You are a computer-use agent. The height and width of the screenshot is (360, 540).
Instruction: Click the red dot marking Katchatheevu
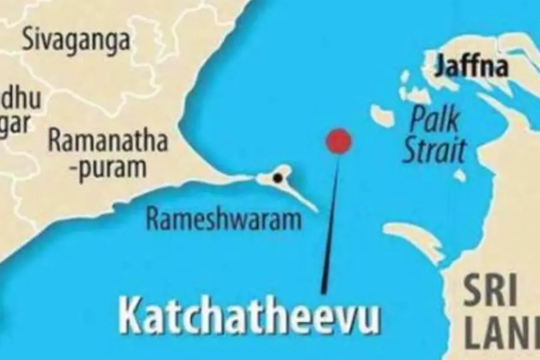(338, 141)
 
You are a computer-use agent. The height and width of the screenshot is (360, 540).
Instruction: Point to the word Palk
(434, 120)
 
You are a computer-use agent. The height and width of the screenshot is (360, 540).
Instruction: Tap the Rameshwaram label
(224, 220)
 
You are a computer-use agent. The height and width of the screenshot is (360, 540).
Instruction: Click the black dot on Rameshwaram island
(277, 178)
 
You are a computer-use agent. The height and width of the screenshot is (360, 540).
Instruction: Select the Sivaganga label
(76, 41)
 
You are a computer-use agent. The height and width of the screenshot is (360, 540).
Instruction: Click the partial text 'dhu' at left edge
(21, 98)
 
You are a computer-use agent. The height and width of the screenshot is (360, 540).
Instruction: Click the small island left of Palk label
(382, 114)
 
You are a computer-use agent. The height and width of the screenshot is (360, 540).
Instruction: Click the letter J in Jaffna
(442, 67)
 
